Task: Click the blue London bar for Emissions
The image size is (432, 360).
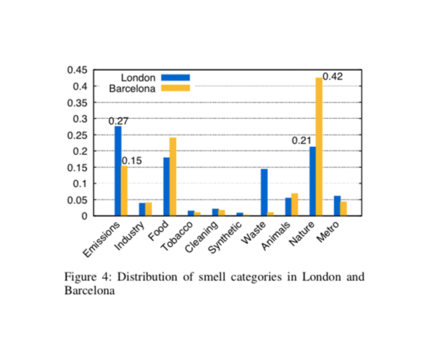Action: [x=118, y=171]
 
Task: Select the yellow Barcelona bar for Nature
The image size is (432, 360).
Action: [x=319, y=147]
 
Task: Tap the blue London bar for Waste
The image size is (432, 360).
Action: [x=265, y=193]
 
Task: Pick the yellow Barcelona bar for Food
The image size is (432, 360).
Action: [x=173, y=177]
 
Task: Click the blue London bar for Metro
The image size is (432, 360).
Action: [x=337, y=206]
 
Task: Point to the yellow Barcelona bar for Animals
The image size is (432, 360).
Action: [x=295, y=204]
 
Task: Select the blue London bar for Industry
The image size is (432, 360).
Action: [x=142, y=209]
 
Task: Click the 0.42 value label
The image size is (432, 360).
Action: [x=333, y=77]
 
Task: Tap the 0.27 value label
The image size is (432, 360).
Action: [x=118, y=121]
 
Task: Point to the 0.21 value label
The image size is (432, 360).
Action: [x=302, y=141]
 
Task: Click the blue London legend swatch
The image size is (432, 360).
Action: [x=175, y=78]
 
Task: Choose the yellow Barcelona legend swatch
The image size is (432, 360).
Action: [x=175, y=88]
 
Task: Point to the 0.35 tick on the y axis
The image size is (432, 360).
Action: [x=77, y=103]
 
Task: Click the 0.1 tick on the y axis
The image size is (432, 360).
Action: [x=80, y=183]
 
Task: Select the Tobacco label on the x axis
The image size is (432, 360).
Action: [x=177, y=236]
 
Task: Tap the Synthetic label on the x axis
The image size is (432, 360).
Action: [x=225, y=238]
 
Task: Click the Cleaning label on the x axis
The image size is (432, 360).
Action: [x=202, y=237]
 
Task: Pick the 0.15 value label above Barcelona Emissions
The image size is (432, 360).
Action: [x=132, y=161]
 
